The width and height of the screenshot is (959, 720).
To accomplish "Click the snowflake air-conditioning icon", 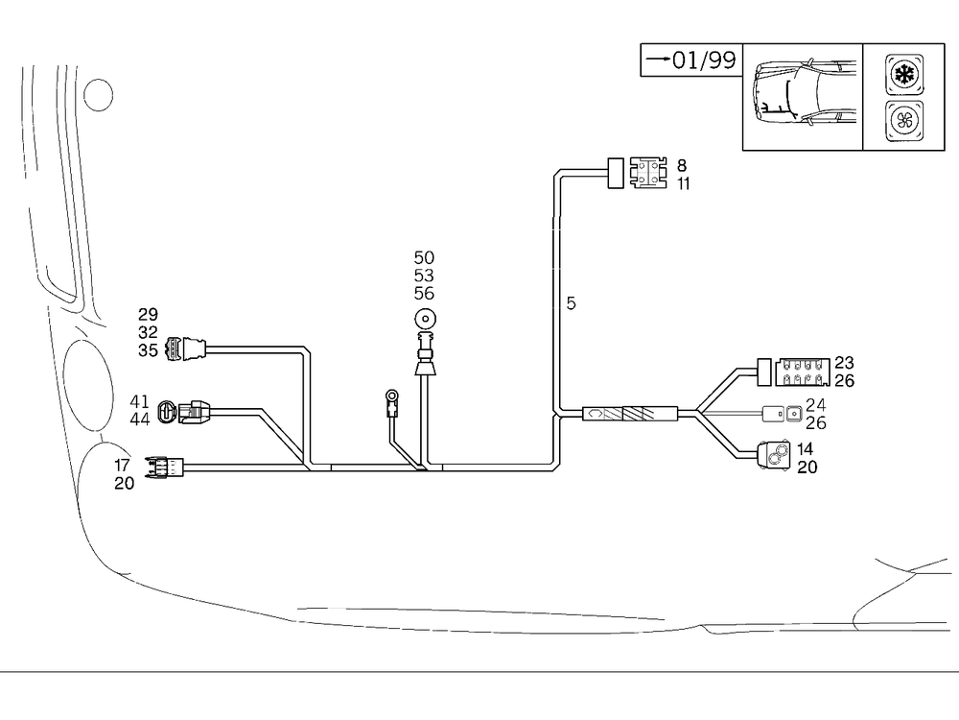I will click(x=904, y=75).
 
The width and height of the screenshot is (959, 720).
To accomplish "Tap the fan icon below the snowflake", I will click(x=904, y=122).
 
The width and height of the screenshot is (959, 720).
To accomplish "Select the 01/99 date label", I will click(x=690, y=60).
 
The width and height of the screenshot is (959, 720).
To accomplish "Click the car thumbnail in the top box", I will click(x=803, y=96).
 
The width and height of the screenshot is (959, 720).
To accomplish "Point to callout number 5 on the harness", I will click(x=572, y=303).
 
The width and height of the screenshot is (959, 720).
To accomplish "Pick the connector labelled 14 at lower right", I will click(x=775, y=456).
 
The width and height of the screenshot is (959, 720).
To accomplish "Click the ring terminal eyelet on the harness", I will click(x=391, y=395).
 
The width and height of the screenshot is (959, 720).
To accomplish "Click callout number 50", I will click(x=424, y=257).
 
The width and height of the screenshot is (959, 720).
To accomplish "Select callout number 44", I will click(x=140, y=420).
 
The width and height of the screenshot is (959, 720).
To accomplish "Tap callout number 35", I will click(x=148, y=350).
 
